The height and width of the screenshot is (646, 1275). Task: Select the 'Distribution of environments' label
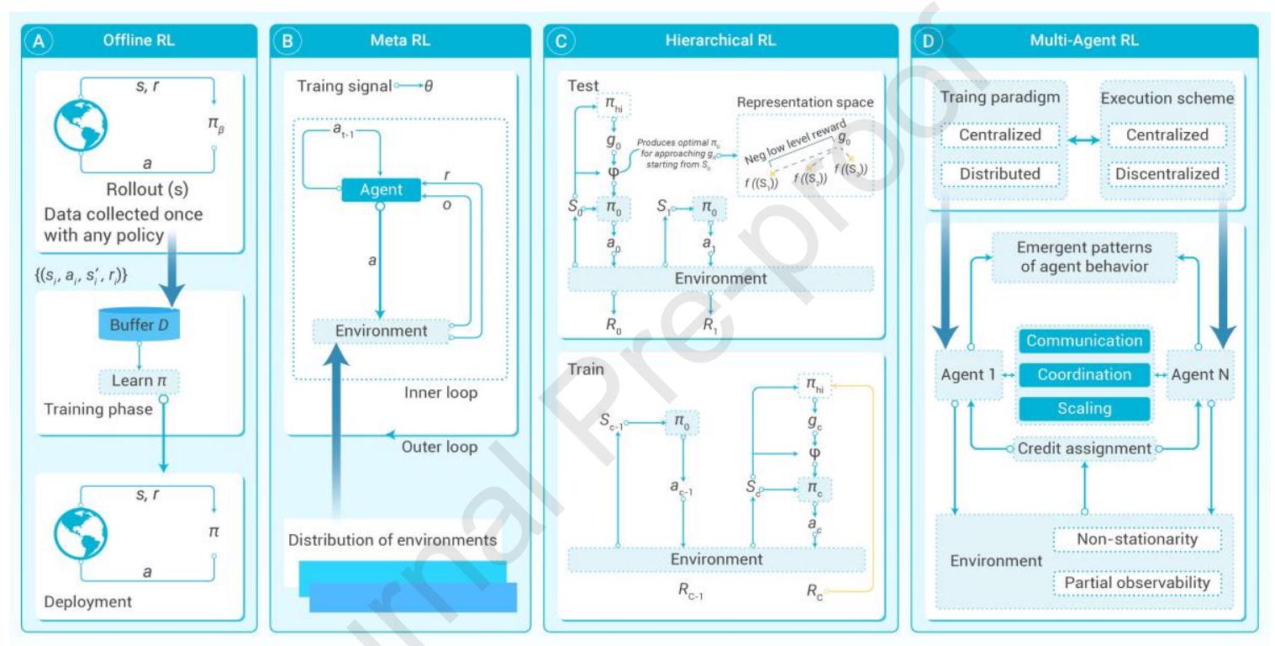[x=393, y=539]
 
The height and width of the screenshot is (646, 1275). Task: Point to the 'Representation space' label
[x=804, y=103]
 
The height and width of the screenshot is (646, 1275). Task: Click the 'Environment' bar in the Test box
[x=720, y=278]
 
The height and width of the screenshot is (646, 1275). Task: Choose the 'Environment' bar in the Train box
[x=716, y=559]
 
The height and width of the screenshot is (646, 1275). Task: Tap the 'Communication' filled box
[x=1084, y=341]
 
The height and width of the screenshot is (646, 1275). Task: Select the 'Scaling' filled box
[x=1084, y=409]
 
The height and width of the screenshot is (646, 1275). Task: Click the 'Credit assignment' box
[x=1083, y=449]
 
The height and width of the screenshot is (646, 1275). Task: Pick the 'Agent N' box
[x=1201, y=374]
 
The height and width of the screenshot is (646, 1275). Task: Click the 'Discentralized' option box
[x=1167, y=173]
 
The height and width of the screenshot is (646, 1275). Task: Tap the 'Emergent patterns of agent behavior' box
[x=1083, y=258]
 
